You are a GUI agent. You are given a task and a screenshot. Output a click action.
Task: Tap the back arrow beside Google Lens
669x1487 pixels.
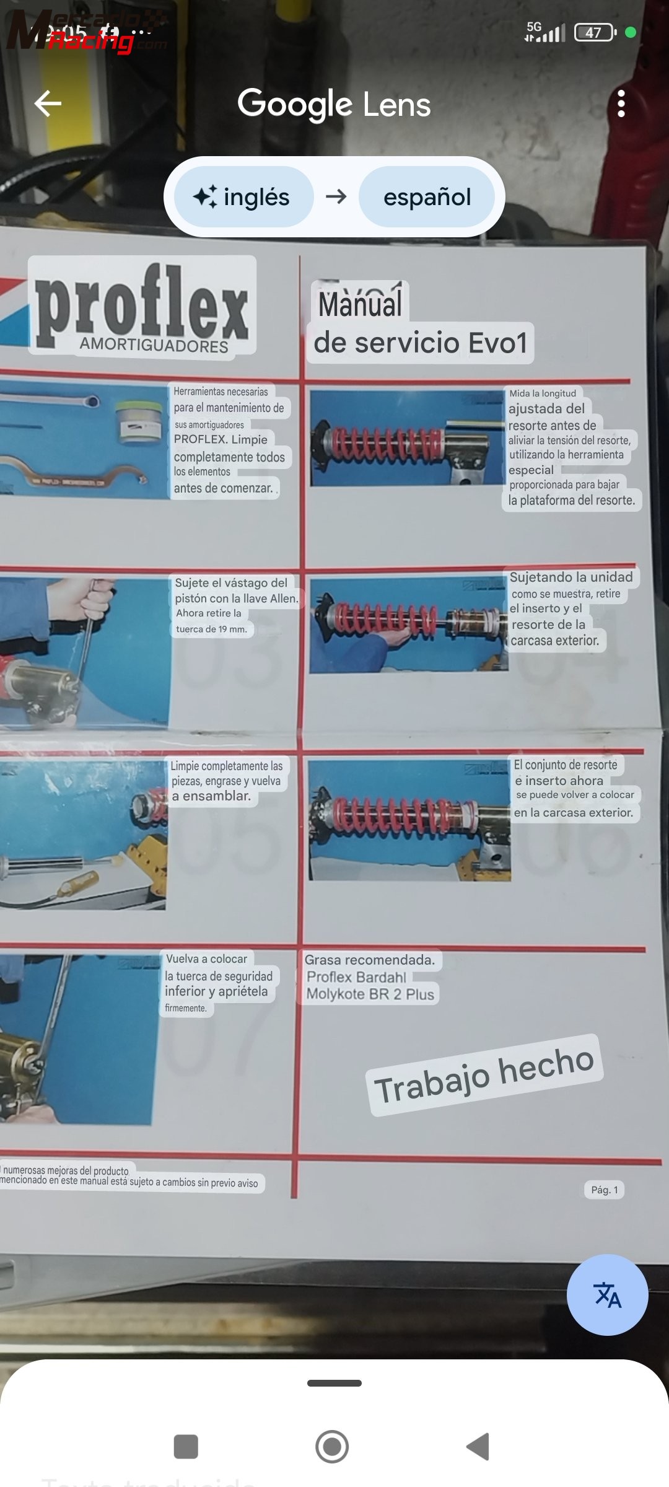pyautogui.click(x=48, y=103)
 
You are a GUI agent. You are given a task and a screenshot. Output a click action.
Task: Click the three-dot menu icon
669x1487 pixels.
pyautogui.click(x=621, y=103)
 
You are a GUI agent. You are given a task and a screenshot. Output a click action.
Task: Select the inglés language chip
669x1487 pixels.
pyautogui.click(x=243, y=197)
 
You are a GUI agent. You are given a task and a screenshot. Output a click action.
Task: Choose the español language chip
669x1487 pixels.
pyautogui.click(x=427, y=197)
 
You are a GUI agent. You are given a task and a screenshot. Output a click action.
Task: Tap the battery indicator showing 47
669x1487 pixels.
pyautogui.click(x=594, y=32)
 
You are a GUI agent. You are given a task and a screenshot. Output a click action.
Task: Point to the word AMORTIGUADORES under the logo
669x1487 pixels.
pyautogui.click(x=154, y=346)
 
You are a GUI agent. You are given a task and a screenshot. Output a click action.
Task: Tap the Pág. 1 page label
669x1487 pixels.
pyautogui.click(x=604, y=1190)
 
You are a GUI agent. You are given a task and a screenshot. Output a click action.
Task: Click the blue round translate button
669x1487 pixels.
pyautogui.click(x=607, y=1294)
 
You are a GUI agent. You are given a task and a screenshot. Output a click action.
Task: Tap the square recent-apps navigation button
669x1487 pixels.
pyautogui.click(x=186, y=1447)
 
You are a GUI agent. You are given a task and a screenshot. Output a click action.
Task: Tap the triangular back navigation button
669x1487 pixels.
pyautogui.click(x=478, y=1447)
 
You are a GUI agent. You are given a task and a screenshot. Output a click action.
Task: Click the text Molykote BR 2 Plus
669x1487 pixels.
pyautogui.click(x=370, y=994)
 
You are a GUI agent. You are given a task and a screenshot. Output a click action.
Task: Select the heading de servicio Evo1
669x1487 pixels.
pyautogui.click(x=420, y=343)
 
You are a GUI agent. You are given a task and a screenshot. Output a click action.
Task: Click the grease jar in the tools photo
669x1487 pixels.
pyautogui.click(x=140, y=421)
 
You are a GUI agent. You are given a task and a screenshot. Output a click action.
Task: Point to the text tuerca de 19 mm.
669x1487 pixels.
pyautogui.click(x=211, y=629)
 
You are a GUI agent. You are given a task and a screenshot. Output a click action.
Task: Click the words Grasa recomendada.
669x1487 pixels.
pyautogui.click(x=369, y=960)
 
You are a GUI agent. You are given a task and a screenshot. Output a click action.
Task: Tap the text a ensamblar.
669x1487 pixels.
pyautogui.click(x=211, y=796)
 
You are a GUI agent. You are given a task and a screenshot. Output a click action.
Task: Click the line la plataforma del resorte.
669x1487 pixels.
pyautogui.click(x=571, y=500)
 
